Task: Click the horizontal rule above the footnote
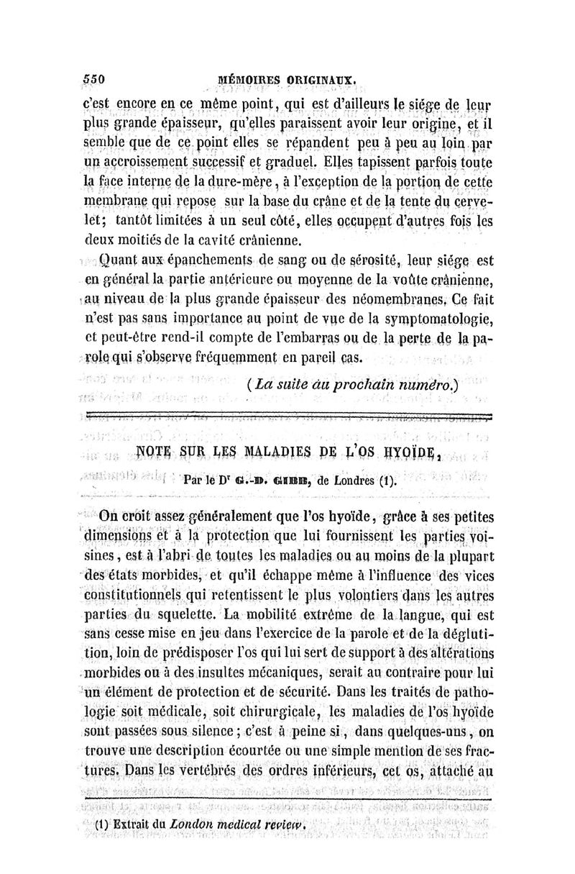click(x=287, y=798)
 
